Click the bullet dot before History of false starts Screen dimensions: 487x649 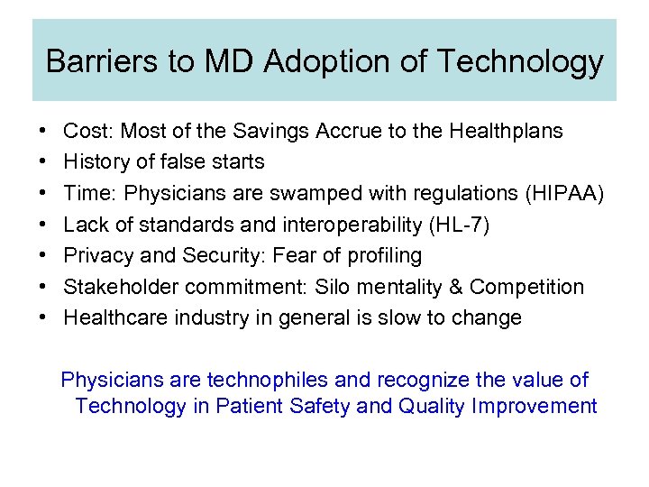point(44,162)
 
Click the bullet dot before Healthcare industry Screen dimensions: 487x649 point(44,317)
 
